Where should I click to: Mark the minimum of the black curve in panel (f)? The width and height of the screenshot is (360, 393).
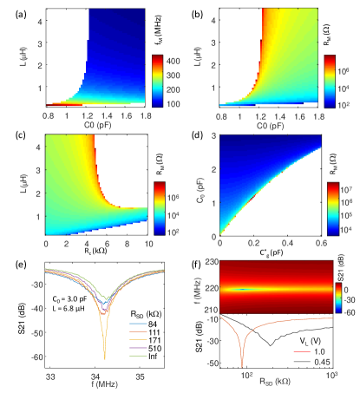coord(272,345)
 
